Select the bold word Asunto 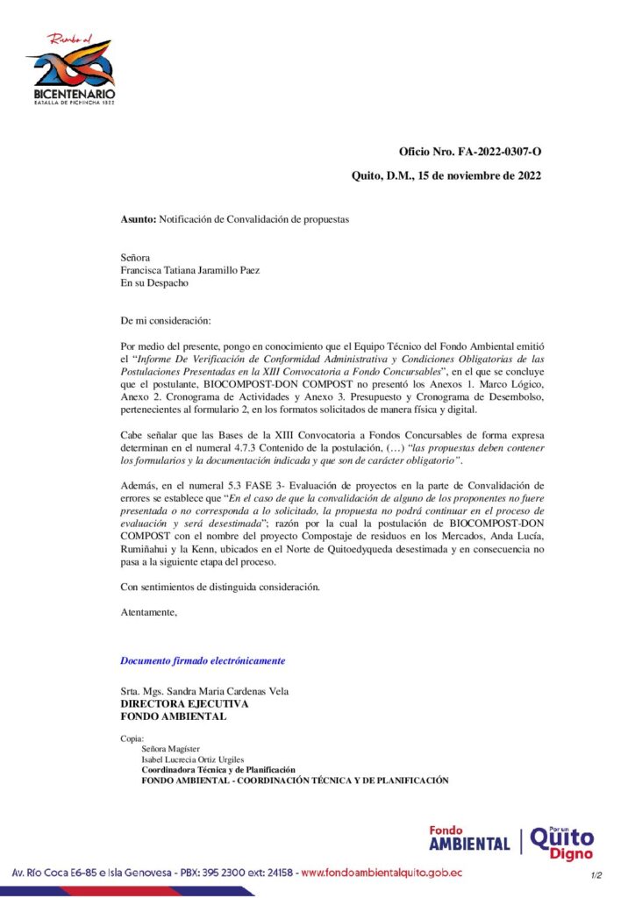[139, 219]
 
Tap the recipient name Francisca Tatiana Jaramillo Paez [189, 271]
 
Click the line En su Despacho [153, 283]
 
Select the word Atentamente [148, 612]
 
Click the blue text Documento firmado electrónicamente [203, 660]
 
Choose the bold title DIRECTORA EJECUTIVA [184, 703]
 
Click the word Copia [132, 738]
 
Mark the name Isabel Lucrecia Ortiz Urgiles [192, 759]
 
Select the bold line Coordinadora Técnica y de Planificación [218, 769]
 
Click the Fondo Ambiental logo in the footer [469, 838]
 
